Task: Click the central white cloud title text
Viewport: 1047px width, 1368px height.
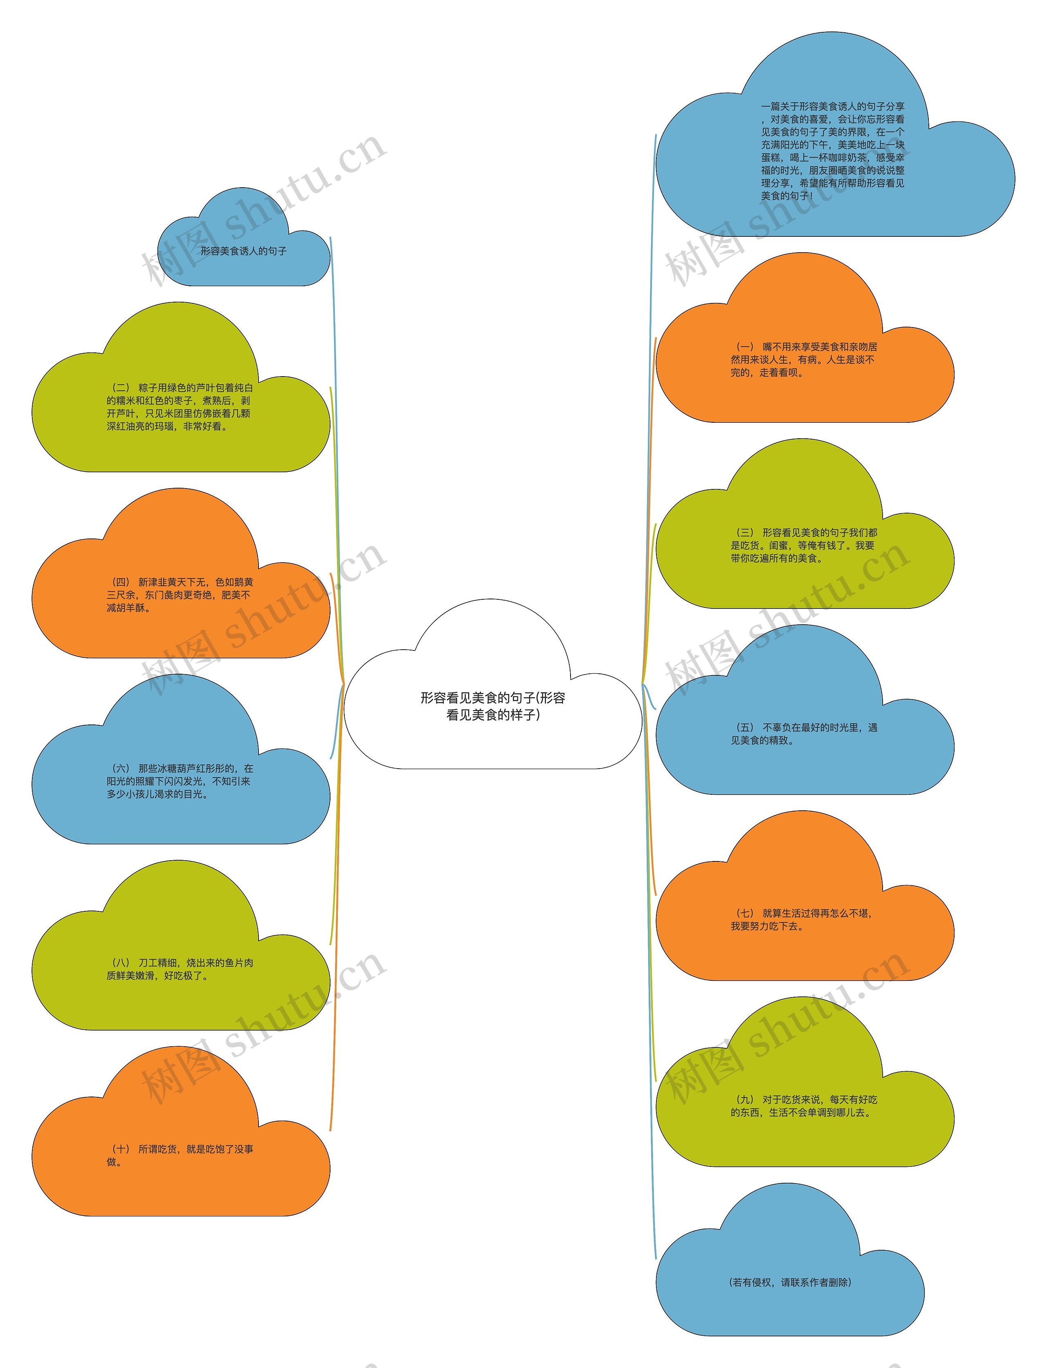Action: pyautogui.click(x=492, y=706)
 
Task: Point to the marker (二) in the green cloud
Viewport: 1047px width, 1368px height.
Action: pyautogui.click(x=120, y=388)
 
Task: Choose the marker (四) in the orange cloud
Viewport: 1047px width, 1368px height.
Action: pyautogui.click(x=120, y=582)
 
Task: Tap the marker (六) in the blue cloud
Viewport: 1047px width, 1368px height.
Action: pyautogui.click(x=120, y=768)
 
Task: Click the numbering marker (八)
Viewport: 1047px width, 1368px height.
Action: pyautogui.click(x=120, y=962)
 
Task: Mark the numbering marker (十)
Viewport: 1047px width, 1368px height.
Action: pyautogui.click(x=120, y=1149)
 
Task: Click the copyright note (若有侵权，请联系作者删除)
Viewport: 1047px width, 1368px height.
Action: pyautogui.click(x=790, y=1282)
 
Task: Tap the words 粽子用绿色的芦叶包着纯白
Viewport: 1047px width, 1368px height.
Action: pyautogui.click(x=195, y=388)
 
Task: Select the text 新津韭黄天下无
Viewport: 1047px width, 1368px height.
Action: pyautogui.click(x=172, y=582)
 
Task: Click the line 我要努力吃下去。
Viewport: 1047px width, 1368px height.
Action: pyautogui.click(x=767, y=926)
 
